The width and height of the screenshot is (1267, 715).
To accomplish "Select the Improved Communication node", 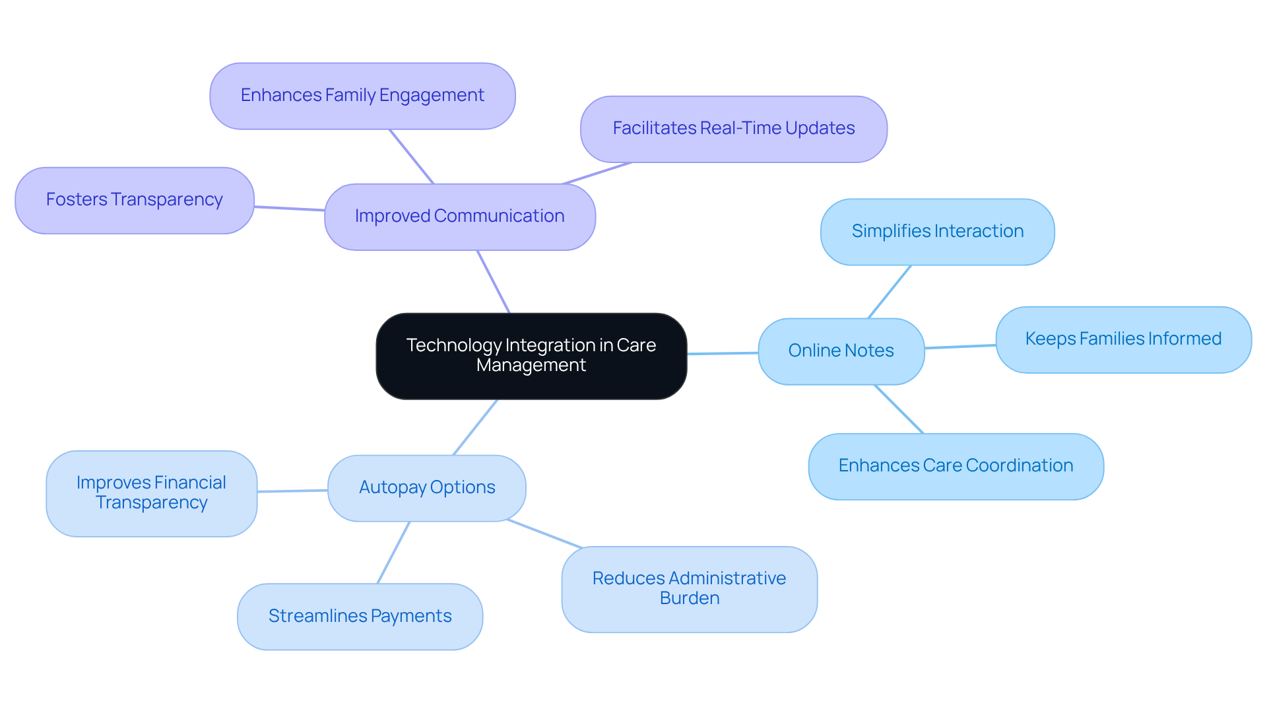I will click(460, 217).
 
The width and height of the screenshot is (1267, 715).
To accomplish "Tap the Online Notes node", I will click(841, 351).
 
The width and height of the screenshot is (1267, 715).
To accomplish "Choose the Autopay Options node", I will click(427, 488).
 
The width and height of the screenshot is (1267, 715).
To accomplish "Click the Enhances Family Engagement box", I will click(362, 96).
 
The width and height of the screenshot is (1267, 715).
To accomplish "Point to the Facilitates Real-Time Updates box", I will click(733, 129).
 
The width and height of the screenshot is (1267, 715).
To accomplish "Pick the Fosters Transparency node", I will click(135, 200).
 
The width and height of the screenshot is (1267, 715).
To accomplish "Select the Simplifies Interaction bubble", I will click(937, 232).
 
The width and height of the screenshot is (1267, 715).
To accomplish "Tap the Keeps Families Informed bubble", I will click(1123, 339).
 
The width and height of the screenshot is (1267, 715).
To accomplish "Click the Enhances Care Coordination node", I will click(956, 466).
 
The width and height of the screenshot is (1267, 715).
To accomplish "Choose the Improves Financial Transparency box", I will click(151, 493).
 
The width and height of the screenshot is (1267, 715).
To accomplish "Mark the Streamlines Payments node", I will click(360, 616).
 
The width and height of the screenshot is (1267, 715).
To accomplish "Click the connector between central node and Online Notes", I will click(723, 353).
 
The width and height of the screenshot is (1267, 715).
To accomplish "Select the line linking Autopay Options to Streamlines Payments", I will click(393, 553).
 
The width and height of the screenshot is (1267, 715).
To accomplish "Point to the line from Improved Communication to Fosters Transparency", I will click(289, 209).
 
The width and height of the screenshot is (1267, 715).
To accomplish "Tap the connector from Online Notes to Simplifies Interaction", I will click(890, 292).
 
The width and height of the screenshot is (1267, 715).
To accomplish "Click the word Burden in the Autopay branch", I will click(690, 599).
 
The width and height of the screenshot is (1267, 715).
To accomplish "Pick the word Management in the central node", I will click(531, 366).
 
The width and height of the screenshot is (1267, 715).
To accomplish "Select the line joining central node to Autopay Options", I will click(475, 427).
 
